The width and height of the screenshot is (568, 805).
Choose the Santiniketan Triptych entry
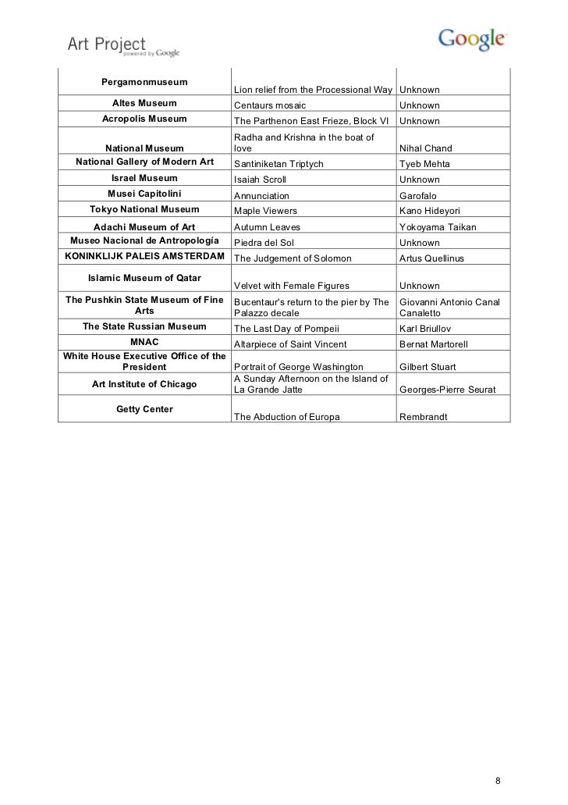coord(279,164)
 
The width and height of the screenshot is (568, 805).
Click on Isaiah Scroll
coord(261,180)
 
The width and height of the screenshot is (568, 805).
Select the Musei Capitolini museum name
coord(144,194)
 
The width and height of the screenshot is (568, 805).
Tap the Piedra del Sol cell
coord(264,243)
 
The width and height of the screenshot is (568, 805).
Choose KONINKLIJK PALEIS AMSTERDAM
coord(144,257)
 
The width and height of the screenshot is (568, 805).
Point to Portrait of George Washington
coord(299,367)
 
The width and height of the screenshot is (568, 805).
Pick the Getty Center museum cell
coord(144,408)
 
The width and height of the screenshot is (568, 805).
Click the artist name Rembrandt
coord(424,417)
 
